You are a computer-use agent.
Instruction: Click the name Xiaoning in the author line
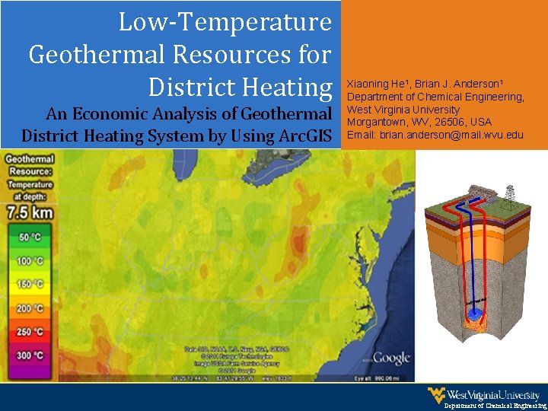click(x=365, y=84)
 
